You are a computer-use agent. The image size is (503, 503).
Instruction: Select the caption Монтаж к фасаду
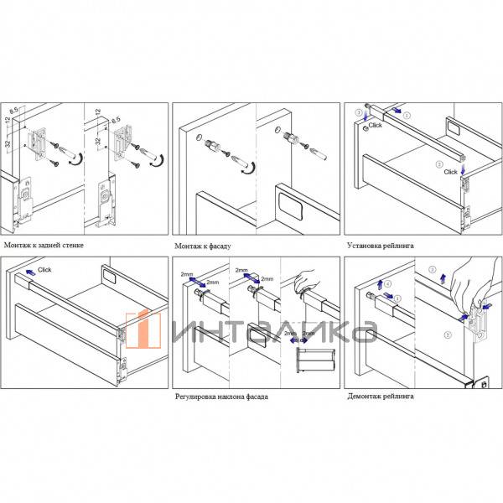202,247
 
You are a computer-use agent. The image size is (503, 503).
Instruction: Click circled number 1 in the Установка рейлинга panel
407,114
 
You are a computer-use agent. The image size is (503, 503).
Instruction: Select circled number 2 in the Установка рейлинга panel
439,165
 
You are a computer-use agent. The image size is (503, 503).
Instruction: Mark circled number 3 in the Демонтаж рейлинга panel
432,270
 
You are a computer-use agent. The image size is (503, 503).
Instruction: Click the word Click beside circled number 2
450,172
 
